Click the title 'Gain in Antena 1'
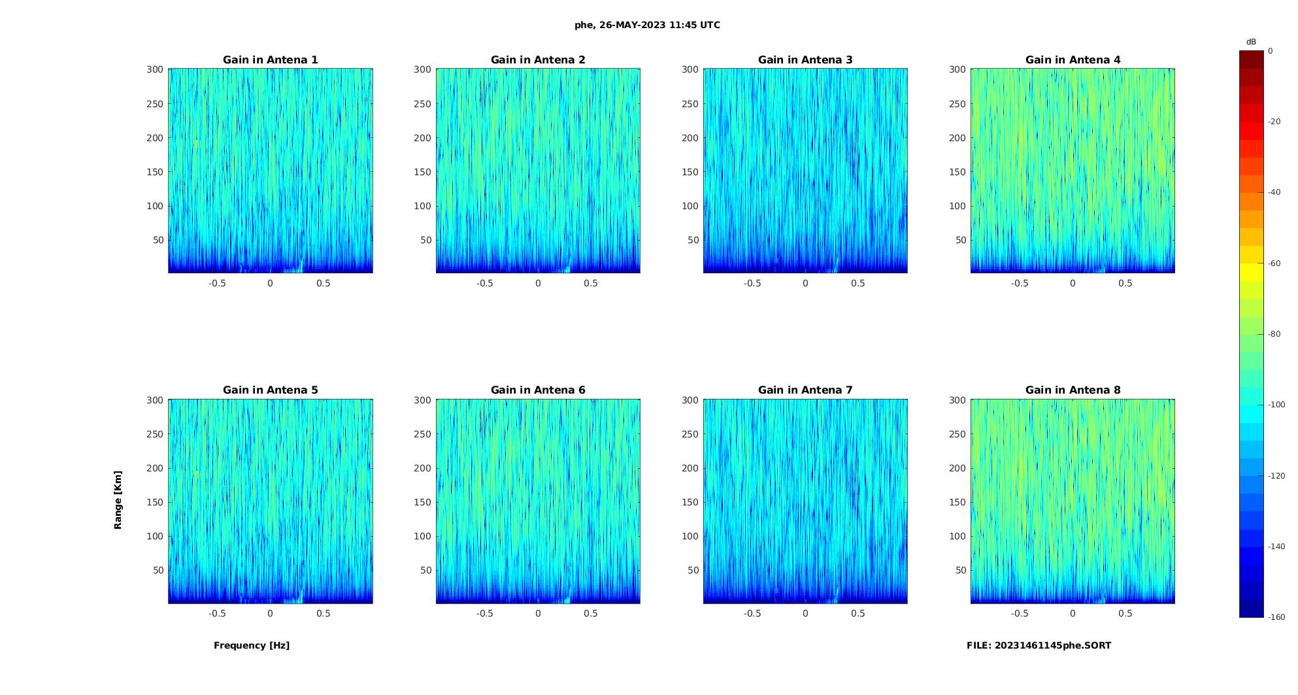pyautogui.click(x=270, y=60)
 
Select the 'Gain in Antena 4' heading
pyautogui.click(x=1073, y=60)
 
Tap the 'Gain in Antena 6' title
pyautogui.click(x=538, y=390)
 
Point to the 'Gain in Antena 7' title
pyautogui.click(x=805, y=390)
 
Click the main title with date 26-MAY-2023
pyautogui.click(x=647, y=25)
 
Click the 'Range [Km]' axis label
pyautogui.click(x=118, y=500)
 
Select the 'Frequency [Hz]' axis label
pyautogui.click(x=252, y=645)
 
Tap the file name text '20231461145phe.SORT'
pyautogui.click(x=1052, y=645)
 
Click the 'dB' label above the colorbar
pyautogui.click(x=1251, y=42)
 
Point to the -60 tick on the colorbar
pyautogui.click(x=1274, y=263)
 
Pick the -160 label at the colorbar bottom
pyautogui.click(x=1276, y=617)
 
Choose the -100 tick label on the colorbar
pyautogui.click(x=1276, y=405)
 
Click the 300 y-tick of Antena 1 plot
pyautogui.click(x=155, y=69)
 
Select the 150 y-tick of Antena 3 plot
pyautogui.click(x=690, y=172)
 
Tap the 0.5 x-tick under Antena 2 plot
pyautogui.click(x=591, y=283)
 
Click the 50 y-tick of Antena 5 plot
pyautogui.click(x=158, y=570)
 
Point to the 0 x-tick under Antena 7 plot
pyautogui.click(x=805, y=613)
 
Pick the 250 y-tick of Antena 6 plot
pyautogui.click(x=422, y=434)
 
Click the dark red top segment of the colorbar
pyautogui.click(x=1252, y=59)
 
